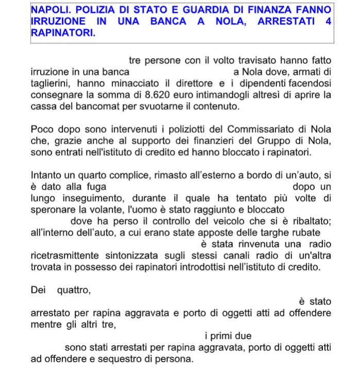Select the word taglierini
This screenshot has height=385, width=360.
click(x=54, y=83)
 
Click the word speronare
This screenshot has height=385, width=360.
click(x=52, y=209)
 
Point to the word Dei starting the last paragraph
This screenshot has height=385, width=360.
click(x=39, y=290)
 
